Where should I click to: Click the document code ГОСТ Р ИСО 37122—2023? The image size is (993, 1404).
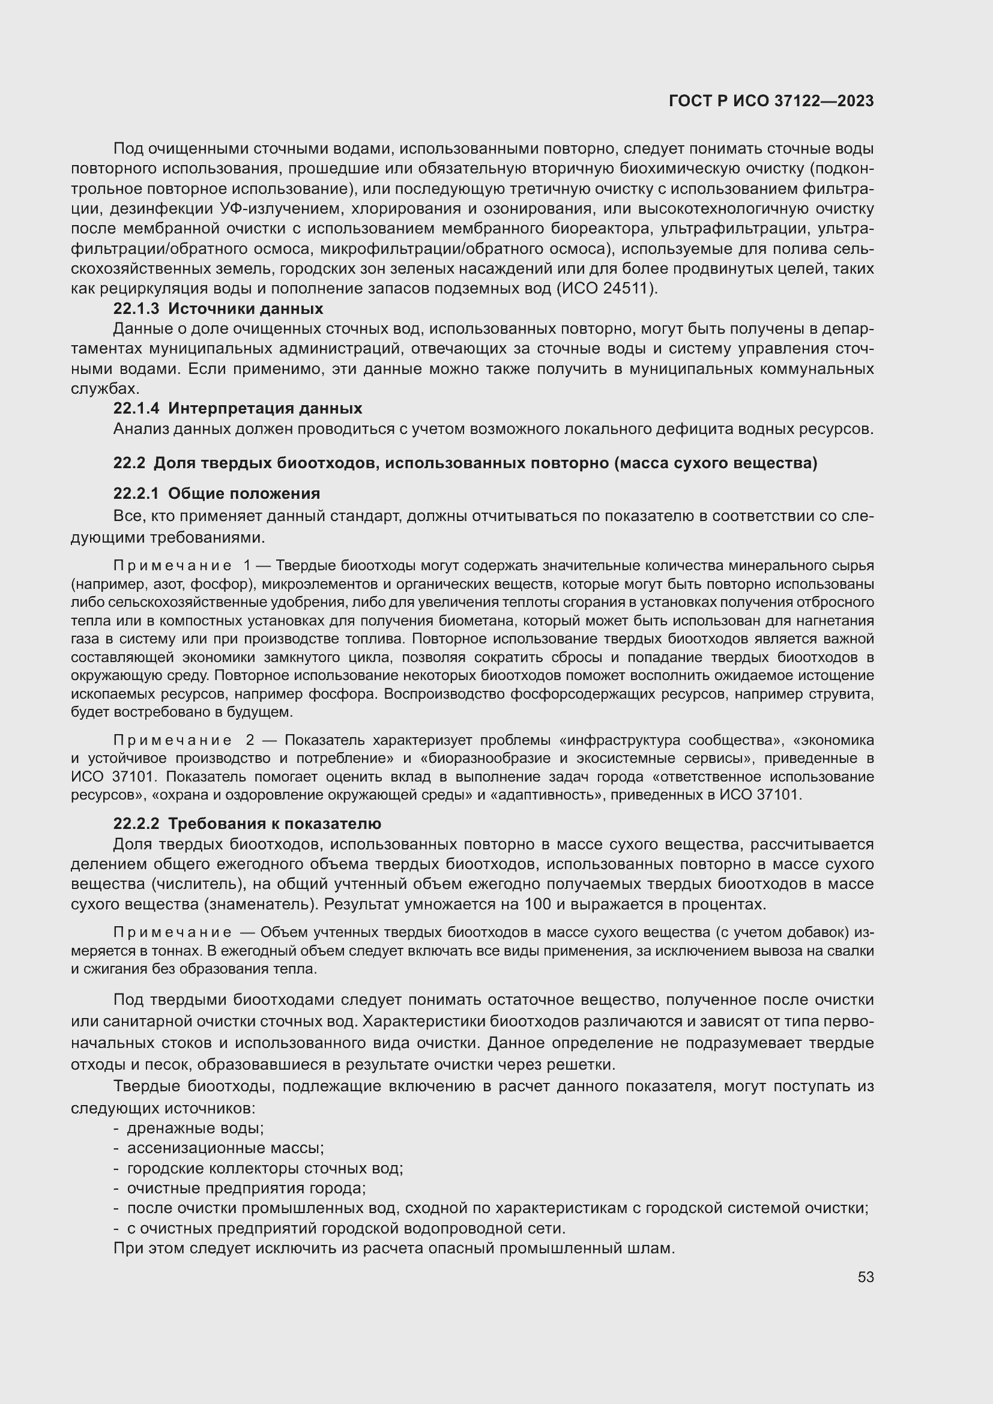(771, 101)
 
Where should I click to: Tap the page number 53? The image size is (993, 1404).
(865, 1277)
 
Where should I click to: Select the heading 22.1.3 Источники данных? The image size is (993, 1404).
(219, 308)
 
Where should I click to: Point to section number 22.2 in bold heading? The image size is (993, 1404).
(129, 463)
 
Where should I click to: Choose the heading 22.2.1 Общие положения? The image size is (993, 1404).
(217, 493)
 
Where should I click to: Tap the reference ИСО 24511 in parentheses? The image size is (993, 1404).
(605, 289)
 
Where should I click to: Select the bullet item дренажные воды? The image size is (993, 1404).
(195, 1128)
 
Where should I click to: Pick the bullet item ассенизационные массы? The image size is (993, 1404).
(225, 1148)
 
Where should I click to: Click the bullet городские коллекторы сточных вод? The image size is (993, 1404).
(265, 1168)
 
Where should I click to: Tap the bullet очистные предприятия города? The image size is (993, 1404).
(246, 1188)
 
